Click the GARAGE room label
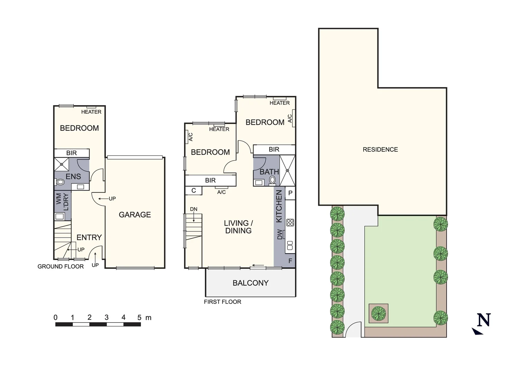point(135,214)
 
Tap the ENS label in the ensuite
point(73,176)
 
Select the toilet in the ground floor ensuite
point(61,182)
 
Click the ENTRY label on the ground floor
point(89,237)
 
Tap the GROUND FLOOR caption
point(61,266)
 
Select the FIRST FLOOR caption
point(222,302)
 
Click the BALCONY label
point(250,283)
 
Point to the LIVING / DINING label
point(238,227)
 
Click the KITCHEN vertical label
point(279,206)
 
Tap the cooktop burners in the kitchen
point(290,222)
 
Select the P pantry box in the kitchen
point(290,193)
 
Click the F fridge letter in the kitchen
point(290,261)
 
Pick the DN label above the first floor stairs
point(193,209)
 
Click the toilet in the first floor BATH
point(273,180)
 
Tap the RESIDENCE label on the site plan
point(380,149)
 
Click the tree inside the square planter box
point(378,313)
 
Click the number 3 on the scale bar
point(106,317)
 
